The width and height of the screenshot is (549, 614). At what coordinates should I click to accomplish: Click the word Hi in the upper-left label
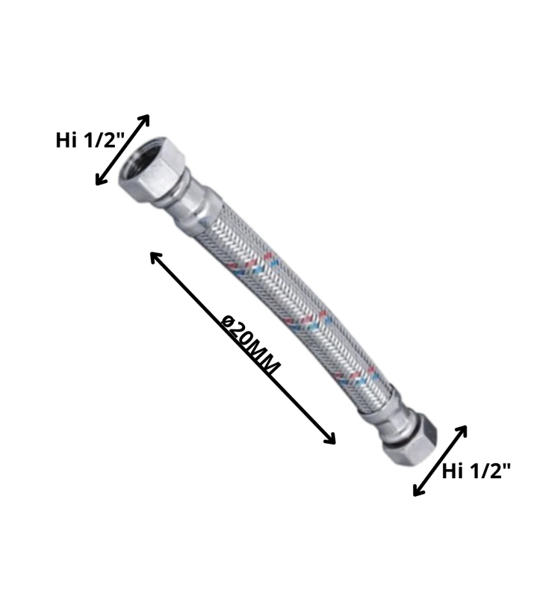pos(66,141)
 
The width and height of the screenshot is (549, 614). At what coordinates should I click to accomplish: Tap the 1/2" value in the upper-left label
pos(102,141)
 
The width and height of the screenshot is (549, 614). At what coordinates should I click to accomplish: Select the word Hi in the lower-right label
pos(452,472)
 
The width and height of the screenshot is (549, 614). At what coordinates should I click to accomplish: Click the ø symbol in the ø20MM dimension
pos(227,321)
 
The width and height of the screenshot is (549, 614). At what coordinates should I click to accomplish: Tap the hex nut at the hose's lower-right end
pos(410,440)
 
